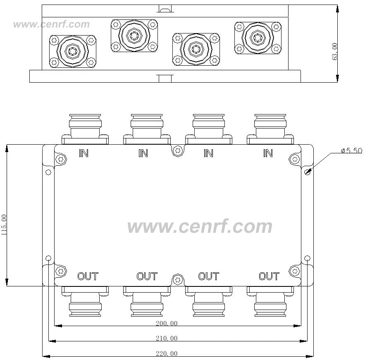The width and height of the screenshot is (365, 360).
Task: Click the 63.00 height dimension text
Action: click(335, 52)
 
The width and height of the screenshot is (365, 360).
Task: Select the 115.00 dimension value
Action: click(5, 225)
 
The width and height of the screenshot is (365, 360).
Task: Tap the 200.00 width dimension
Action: click(167, 323)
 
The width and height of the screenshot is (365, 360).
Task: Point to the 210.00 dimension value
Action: click(167, 339)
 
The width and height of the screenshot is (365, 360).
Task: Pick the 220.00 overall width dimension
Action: click(167, 353)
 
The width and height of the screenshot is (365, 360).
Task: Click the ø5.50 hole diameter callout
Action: click(351, 150)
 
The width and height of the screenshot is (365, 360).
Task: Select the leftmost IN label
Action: click(83, 153)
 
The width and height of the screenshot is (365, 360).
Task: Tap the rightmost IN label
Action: click(268, 153)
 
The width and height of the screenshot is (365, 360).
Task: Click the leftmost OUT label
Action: click(88, 276)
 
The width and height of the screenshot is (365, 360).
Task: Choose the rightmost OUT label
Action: click(269, 276)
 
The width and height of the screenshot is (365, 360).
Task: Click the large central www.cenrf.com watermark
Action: click(200, 227)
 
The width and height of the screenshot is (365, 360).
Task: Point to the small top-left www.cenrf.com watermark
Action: click(51, 24)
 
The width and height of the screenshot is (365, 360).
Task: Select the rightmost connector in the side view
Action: click(258, 38)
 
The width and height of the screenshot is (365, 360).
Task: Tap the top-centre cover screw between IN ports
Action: click(178, 151)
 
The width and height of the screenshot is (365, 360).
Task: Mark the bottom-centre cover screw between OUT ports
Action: click(178, 280)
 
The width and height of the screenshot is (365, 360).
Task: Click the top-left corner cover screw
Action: click(61, 159)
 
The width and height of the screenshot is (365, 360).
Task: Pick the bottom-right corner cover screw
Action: click(295, 271)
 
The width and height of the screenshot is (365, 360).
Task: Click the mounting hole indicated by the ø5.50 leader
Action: click(307, 172)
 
